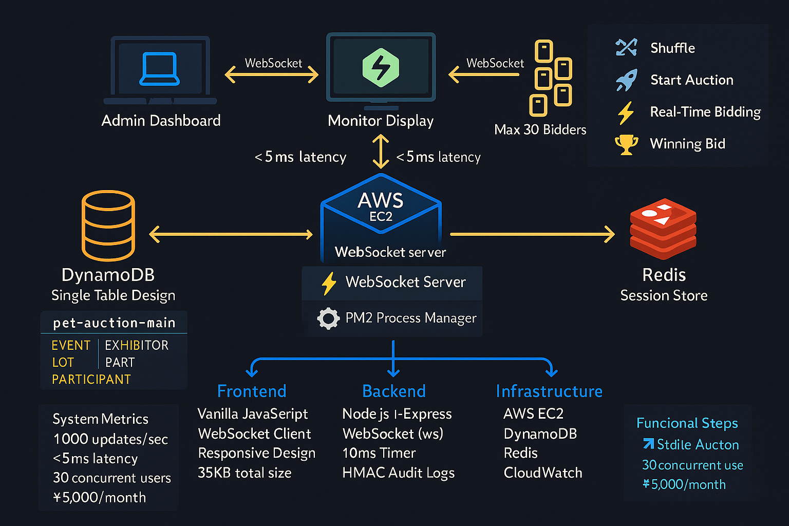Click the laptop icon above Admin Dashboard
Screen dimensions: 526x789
(160, 69)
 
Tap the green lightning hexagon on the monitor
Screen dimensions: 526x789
(381, 67)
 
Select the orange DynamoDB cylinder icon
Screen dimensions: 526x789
(108, 226)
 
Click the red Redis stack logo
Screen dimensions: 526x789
(663, 228)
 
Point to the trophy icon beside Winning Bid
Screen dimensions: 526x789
(626, 144)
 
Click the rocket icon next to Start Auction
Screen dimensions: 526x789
(626, 80)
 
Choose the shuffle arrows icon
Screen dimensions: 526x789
(626, 47)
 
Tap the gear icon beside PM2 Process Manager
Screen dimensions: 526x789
(328, 318)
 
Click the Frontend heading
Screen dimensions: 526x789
(252, 391)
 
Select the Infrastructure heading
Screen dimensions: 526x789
(549, 391)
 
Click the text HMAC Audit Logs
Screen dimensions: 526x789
(398, 473)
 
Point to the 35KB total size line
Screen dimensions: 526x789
(245, 473)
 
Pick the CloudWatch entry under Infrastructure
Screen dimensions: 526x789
(543, 473)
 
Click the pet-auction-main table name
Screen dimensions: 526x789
(114, 323)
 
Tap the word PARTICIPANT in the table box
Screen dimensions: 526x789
(91, 380)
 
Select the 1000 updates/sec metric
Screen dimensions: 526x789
(110, 439)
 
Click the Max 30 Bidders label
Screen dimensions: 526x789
(540, 130)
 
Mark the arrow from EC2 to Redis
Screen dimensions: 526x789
(532, 234)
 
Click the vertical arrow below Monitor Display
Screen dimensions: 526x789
(381, 152)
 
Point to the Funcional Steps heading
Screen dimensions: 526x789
(687, 423)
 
